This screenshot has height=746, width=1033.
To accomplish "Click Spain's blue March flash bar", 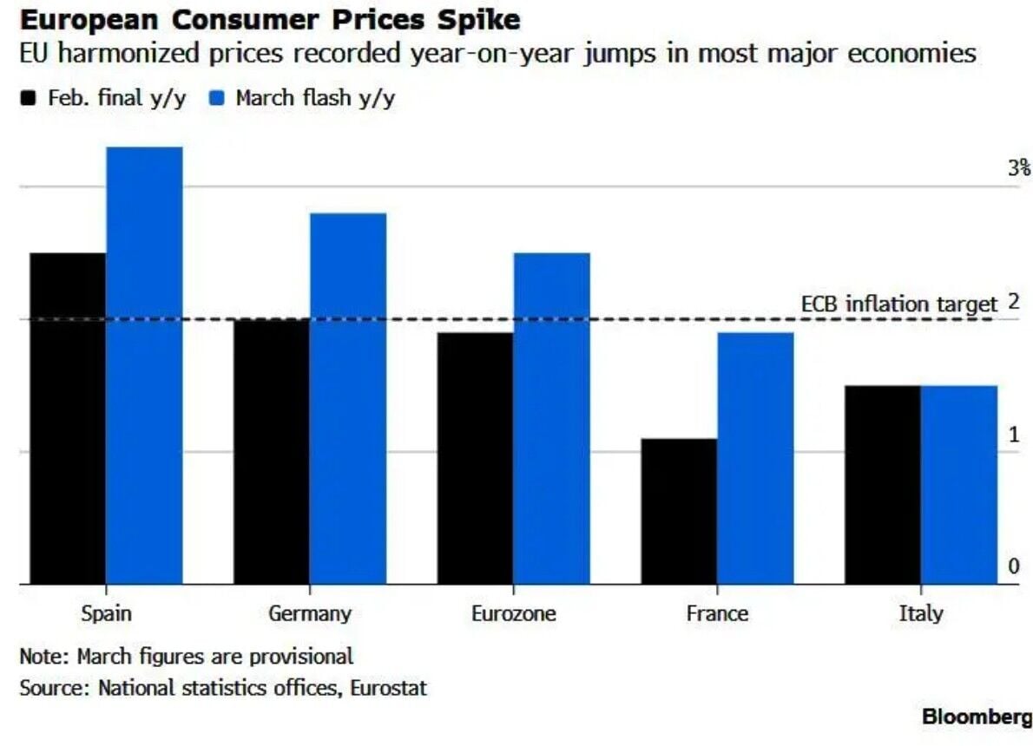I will click(144, 365).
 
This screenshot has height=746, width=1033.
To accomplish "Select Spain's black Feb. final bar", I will click(68, 418).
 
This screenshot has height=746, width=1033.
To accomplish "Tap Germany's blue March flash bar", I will click(348, 398).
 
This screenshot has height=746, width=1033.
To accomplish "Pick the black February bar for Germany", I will click(272, 451).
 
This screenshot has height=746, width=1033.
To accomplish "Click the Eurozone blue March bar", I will click(551, 418).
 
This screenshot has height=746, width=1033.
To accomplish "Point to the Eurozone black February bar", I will click(475, 458).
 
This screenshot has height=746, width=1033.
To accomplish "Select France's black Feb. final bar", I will click(679, 511).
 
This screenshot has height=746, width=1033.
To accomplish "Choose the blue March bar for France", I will click(755, 458).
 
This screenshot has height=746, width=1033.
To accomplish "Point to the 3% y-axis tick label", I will click(1018, 168).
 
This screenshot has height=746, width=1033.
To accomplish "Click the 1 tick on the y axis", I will click(1013, 435).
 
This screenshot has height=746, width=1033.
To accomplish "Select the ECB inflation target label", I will click(898, 304).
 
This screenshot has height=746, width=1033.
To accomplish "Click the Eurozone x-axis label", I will click(513, 614).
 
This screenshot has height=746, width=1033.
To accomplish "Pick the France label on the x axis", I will click(717, 614).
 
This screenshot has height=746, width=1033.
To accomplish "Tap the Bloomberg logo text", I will click(977, 717).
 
